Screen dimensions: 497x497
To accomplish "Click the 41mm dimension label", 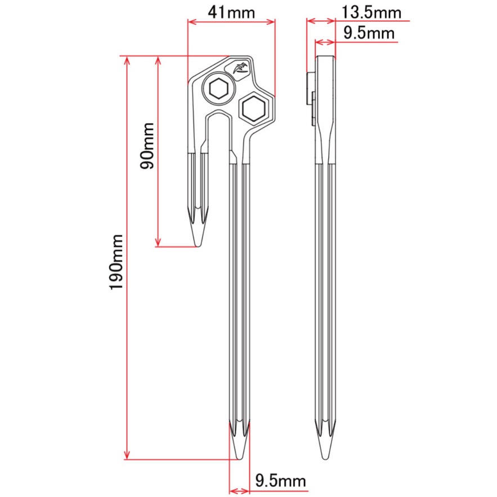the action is (x=231, y=12).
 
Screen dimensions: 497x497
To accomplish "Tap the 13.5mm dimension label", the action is (x=371, y=12).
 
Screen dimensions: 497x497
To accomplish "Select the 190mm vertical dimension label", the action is (x=116, y=262).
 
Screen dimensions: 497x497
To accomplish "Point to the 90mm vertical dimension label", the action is (x=147, y=146).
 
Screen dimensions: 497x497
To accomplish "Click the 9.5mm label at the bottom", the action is (x=281, y=481).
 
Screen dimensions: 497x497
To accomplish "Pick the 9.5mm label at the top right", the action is (x=369, y=33).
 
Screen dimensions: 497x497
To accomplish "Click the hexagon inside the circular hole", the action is (x=218, y=88).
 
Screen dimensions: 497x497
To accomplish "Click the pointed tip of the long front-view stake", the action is (x=240, y=459).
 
